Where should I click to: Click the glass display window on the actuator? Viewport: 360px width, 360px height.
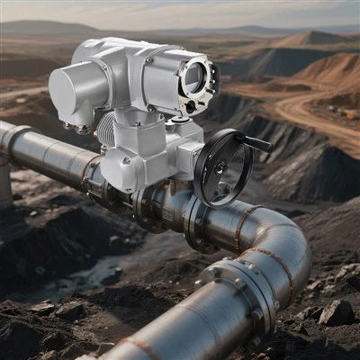195,78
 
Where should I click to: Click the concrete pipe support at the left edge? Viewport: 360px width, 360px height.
5,180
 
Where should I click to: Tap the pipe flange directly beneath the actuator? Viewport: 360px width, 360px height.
144,203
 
